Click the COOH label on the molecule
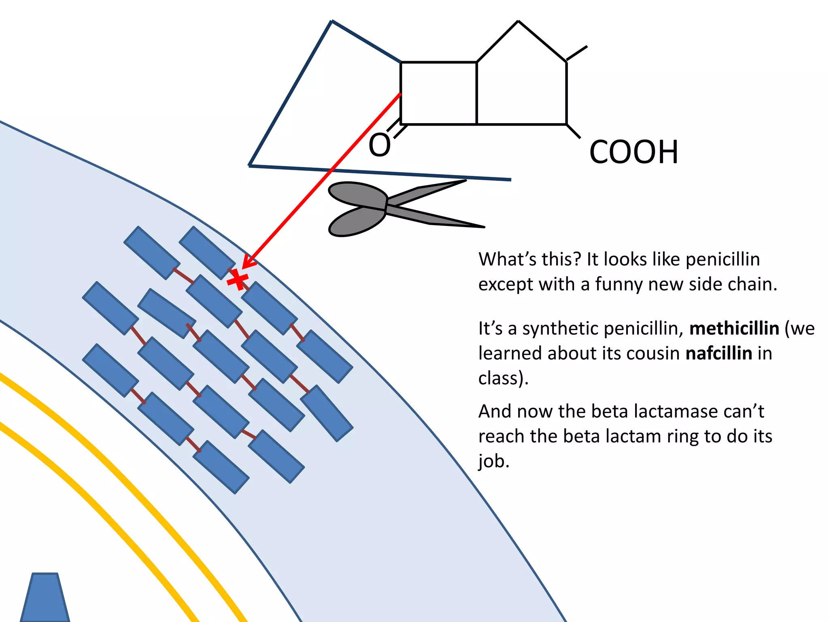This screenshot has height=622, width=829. tap(633, 152)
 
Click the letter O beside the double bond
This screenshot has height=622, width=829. tap(380, 145)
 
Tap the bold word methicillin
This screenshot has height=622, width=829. tap(734, 328)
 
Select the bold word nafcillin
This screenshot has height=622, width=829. tap(718, 353)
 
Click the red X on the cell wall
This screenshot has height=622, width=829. tap(238, 280)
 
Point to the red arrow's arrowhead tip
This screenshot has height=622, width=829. tap(243, 268)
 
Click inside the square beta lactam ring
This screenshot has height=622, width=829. tap(438, 93)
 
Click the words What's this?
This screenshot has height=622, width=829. tap(529, 259)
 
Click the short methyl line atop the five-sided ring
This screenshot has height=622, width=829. tap(576, 53)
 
